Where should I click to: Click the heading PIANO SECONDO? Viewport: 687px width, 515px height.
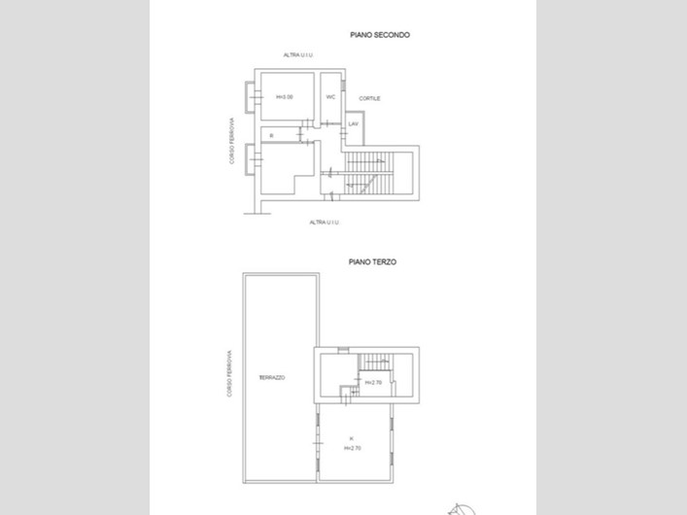tap(380, 35)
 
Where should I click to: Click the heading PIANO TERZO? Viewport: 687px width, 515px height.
tap(373, 261)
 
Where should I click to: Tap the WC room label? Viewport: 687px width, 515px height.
tap(330, 97)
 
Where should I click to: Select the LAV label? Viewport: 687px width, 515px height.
tap(354, 124)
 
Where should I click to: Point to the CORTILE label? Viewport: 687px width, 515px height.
tap(369, 99)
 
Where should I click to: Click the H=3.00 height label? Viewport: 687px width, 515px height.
tap(284, 97)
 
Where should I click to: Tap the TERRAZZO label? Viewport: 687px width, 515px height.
tap(272, 378)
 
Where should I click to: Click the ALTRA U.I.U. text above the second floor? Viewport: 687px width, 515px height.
tap(297, 55)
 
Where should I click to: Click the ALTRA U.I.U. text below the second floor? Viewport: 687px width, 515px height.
tap(324, 223)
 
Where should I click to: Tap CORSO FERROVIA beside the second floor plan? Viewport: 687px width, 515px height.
tap(233, 142)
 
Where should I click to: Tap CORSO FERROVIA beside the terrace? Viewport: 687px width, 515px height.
tap(230, 374)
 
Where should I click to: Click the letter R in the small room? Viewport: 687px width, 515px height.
tap(272, 134)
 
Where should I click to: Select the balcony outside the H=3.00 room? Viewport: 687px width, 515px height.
tap(252, 97)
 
